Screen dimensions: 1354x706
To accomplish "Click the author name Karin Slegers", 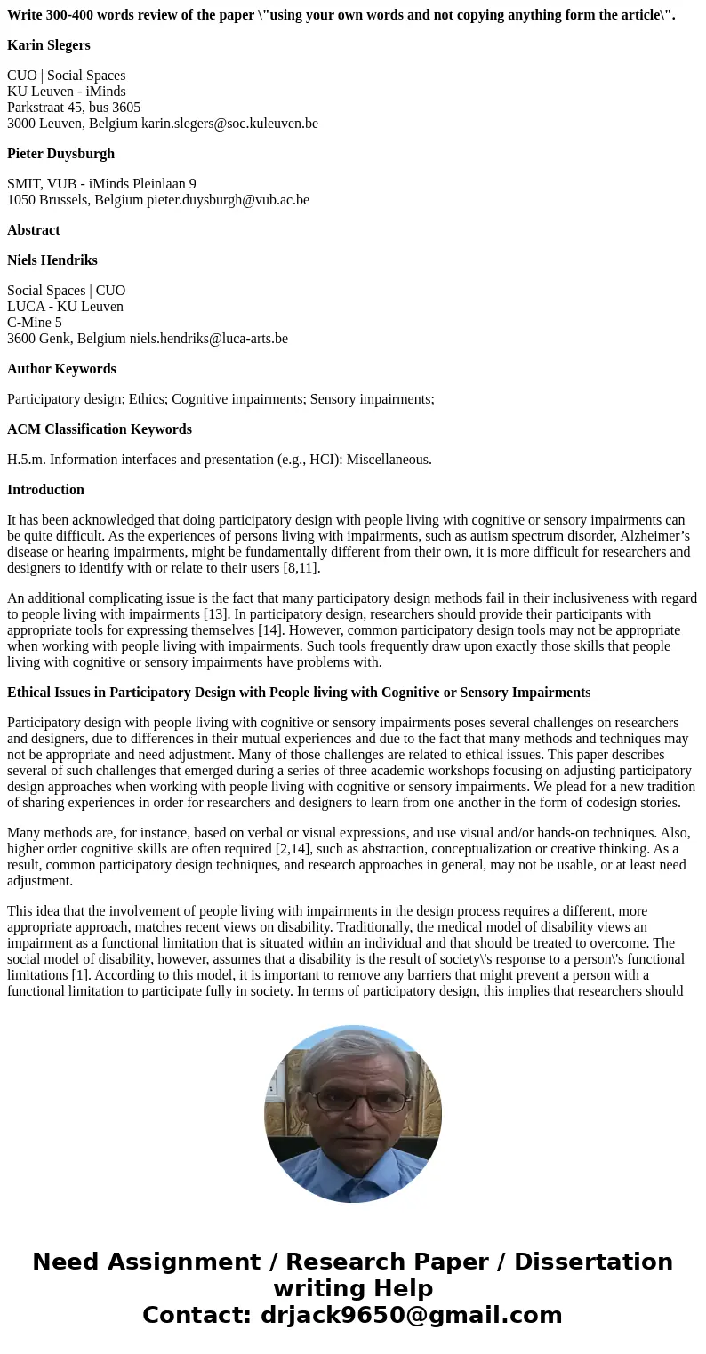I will click(49, 45).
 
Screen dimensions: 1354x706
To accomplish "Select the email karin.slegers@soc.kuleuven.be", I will click(229, 124).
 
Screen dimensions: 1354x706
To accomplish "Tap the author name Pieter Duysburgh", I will click(60, 154).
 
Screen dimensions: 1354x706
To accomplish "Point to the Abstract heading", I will click(34, 230).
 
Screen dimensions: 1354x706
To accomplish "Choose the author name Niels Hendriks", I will click(52, 260).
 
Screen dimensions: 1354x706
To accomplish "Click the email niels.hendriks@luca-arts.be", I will click(208, 339).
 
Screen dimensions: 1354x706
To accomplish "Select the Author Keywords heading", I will click(61, 369).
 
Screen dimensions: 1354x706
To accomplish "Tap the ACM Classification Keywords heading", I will click(100, 429).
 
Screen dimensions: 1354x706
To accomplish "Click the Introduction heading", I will click(45, 490).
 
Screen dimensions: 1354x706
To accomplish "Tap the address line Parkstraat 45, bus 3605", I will click(74, 108).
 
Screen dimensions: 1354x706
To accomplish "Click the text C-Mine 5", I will click(35, 323).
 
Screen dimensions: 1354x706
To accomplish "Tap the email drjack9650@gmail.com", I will click(411, 1315).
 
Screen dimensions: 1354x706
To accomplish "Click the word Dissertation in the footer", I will click(593, 1262).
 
